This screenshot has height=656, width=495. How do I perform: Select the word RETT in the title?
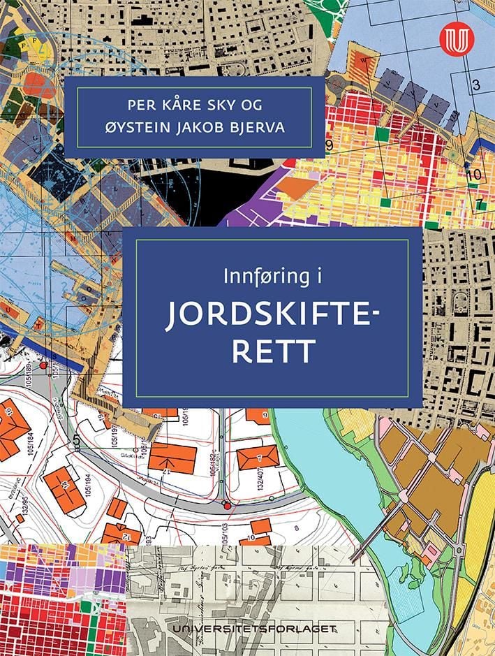(x=272, y=351)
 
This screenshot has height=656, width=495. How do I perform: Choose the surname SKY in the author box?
(x=239, y=106)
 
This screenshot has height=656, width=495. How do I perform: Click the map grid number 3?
(x=476, y=86)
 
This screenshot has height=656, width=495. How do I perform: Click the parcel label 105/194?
(x=87, y=486)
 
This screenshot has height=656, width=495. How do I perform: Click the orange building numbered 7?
(x=258, y=458)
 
